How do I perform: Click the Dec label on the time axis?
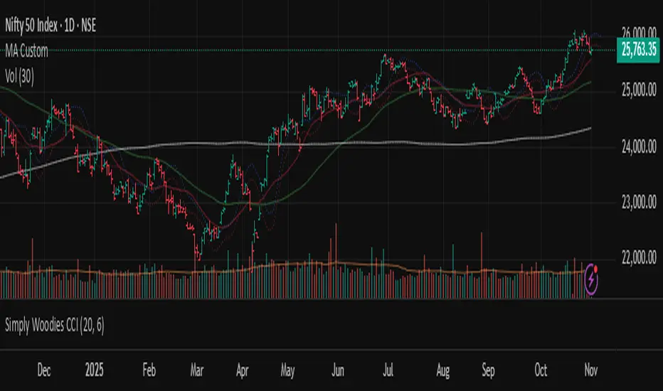(43, 370)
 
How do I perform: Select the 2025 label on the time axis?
(94, 370)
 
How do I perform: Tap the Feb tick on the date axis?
(149, 370)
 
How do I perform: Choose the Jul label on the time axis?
(388, 370)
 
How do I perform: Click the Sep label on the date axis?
(488, 370)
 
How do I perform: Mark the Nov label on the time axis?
(590, 370)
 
